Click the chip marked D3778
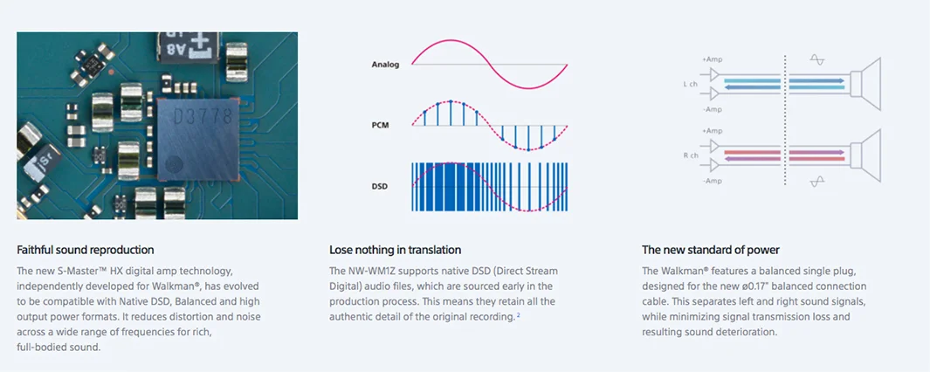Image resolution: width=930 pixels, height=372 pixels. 198,139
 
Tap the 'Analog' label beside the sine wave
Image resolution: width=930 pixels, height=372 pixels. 385,64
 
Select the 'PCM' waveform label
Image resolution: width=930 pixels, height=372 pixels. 380,125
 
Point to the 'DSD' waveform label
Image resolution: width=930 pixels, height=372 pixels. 380,186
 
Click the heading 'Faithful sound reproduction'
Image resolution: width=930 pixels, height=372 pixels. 86,250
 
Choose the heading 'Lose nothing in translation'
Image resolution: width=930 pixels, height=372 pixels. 395,250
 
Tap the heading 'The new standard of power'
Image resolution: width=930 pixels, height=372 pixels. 711,250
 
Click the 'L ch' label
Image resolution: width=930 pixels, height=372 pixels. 690,84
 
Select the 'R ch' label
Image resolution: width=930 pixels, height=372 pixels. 691,155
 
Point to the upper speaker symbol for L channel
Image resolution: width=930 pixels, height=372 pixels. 866,84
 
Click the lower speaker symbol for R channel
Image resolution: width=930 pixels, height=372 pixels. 866,155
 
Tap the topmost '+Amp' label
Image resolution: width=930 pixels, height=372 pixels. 712,60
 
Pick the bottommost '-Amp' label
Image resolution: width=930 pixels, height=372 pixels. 713,181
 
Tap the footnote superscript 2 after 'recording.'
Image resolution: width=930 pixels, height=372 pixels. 518,315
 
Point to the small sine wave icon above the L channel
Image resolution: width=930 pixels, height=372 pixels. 817,60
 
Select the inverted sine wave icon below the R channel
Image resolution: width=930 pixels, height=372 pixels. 817,181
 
